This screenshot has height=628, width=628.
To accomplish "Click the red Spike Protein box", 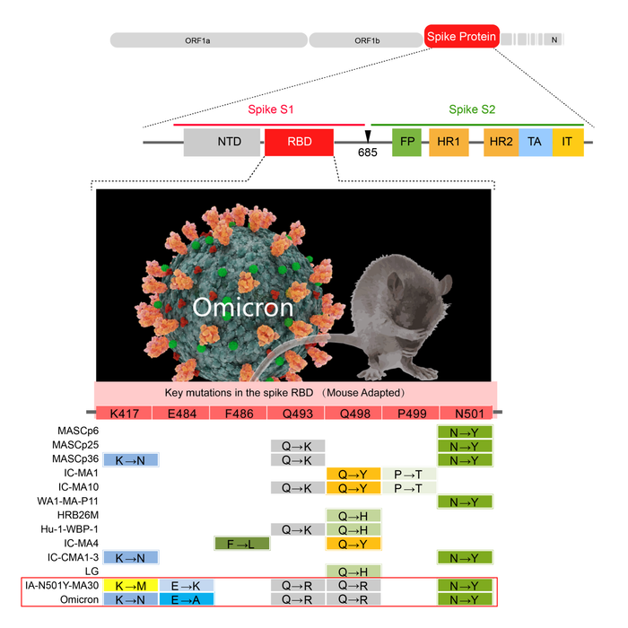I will pos(461,35).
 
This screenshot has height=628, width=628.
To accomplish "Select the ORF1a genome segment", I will pos(207,40).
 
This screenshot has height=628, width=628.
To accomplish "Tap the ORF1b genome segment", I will pos(366,40).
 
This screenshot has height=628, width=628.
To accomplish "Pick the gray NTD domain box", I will pos(222,142).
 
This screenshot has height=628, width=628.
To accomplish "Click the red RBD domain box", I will pos(299,142).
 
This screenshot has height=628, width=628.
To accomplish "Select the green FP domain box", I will pos(406,142).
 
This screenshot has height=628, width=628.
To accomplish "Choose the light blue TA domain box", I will pos(535,142).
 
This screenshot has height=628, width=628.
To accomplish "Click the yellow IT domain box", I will pos(567,142).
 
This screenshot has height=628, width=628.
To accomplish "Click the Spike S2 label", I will pos(472,109).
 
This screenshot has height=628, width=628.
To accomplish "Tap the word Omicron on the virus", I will pos(242,308).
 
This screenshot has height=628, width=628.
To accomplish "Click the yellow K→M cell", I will pos(131,586).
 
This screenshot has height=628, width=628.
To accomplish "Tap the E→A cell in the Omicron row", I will pos(187,598).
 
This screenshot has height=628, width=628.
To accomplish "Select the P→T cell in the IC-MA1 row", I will pos(409,473).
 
